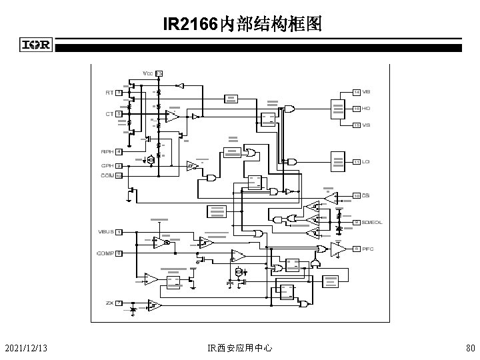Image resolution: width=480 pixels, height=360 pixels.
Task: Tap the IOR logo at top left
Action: click(x=37, y=45)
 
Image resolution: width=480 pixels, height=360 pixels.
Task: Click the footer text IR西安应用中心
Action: click(x=239, y=347)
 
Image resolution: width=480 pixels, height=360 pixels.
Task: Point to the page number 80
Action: click(x=469, y=347)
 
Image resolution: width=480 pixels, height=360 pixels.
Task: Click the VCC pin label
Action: click(x=148, y=73)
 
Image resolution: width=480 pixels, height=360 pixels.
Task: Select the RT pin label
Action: click(x=109, y=93)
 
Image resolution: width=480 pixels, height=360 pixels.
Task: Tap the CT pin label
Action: click(x=109, y=114)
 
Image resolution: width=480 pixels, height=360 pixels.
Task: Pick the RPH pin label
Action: click(x=107, y=152)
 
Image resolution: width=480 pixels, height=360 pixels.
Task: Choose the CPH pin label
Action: click(x=107, y=165)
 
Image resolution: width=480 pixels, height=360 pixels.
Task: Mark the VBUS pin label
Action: click(x=105, y=232)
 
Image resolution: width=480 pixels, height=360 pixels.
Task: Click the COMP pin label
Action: click(x=105, y=253)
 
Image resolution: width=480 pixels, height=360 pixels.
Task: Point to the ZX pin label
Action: click(x=109, y=303)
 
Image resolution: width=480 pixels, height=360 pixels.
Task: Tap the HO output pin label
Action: click(x=367, y=108)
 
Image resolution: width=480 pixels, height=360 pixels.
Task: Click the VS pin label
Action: click(x=367, y=125)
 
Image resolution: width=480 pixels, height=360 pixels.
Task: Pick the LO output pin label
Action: click(x=367, y=162)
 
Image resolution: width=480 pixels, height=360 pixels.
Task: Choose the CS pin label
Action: click(x=367, y=195)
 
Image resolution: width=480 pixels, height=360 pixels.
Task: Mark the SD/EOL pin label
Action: click(x=372, y=222)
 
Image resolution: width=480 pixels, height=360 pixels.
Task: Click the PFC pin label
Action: click(x=369, y=249)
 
